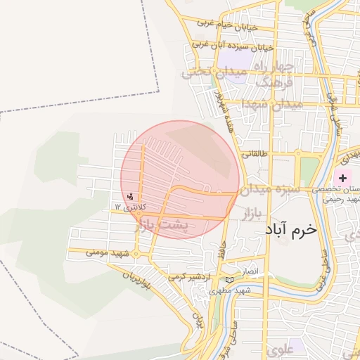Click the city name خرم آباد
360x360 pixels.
click(x=292, y=230)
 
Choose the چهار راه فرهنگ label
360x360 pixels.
click(x=279, y=75)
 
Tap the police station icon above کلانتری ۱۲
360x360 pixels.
click(x=130, y=197)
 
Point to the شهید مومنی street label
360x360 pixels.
click(x=110, y=251)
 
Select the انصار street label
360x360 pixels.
click(x=251, y=271)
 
